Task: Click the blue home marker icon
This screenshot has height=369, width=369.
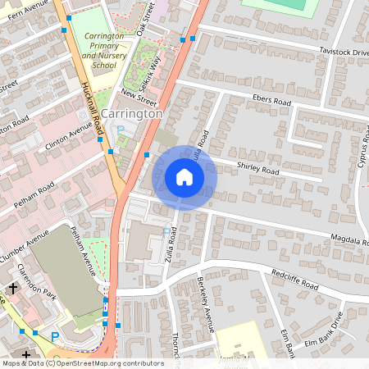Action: coord(184,177)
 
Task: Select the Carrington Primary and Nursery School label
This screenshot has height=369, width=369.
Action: coord(105,50)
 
